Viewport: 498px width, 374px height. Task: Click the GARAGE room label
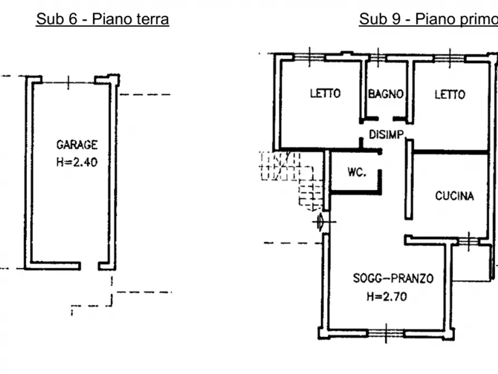coord(77,145)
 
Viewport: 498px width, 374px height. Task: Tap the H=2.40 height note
coord(77,162)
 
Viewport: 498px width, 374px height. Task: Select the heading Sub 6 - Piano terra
coord(102,19)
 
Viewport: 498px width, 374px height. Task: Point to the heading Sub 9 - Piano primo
coord(428,19)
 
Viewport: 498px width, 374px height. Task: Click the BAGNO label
coord(386,94)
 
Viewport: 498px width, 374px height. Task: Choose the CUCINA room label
coord(455,195)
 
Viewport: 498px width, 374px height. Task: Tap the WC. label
coord(357,172)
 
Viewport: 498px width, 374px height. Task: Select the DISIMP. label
coord(387,135)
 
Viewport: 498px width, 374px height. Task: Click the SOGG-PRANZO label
coord(393,279)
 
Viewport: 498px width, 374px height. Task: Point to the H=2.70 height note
coord(387,296)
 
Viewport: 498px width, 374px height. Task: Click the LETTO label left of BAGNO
coord(325,93)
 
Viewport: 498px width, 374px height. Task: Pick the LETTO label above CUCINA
coord(449,94)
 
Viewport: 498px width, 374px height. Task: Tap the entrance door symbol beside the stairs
coord(321,222)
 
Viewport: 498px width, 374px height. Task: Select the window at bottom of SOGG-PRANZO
coord(386,334)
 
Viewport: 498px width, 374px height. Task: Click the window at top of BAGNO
coord(378,57)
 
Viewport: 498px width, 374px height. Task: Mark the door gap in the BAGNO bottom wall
coord(385,119)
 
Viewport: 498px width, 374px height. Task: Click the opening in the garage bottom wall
coord(89,266)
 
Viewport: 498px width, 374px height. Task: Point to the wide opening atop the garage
coord(68,83)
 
